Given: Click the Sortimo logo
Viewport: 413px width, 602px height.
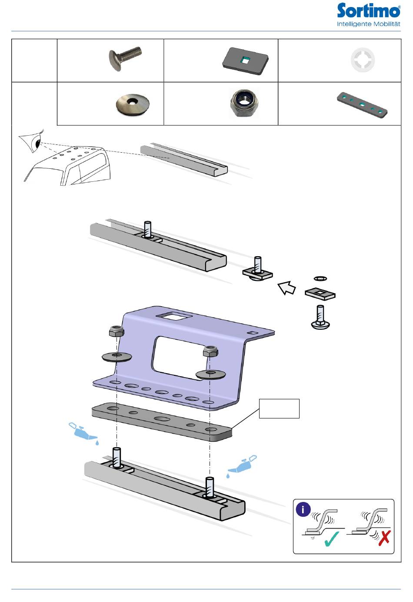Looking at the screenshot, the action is click(368, 15).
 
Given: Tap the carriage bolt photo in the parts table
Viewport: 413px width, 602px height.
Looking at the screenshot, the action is click(125, 59).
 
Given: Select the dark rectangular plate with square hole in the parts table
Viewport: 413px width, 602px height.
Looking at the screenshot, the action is click(246, 61).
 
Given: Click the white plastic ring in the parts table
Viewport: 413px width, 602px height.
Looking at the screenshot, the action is click(363, 60).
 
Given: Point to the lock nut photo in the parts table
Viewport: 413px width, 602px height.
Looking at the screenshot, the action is click(243, 103).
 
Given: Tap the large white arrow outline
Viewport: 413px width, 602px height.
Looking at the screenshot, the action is click(286, 288).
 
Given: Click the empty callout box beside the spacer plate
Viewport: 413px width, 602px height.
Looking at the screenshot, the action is click(279, 408).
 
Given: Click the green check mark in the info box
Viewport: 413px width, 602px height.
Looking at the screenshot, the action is click(332, 539).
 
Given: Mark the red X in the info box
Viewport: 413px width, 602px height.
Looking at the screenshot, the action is click(384, 538).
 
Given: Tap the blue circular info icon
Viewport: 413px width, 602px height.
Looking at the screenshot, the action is click(303, 509).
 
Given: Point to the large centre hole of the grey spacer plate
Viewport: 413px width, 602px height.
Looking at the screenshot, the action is click(161, 419).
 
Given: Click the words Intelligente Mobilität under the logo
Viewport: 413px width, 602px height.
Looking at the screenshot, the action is click(368, 24).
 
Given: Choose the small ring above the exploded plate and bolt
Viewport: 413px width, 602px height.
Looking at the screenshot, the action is click(320, 278).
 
